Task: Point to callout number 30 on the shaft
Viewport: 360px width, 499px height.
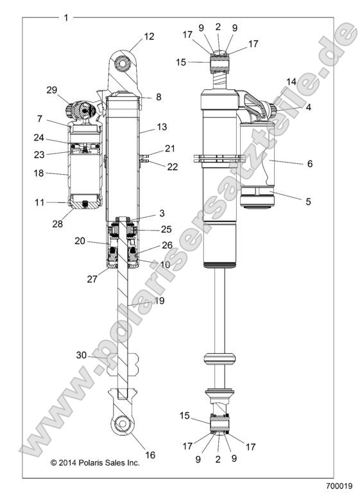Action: coord(81,355)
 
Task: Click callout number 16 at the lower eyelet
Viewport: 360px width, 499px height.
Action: coord(151,455)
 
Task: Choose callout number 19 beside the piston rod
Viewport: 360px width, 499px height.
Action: coord(158,300)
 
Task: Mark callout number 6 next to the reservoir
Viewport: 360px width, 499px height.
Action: coord(309,164)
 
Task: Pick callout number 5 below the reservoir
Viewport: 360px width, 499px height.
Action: coord(307,201)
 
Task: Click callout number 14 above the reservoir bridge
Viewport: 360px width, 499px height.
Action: coord(291,82)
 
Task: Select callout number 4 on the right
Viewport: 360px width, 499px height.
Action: coord(309,107)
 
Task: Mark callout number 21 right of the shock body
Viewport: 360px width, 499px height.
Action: coord(169,149)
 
